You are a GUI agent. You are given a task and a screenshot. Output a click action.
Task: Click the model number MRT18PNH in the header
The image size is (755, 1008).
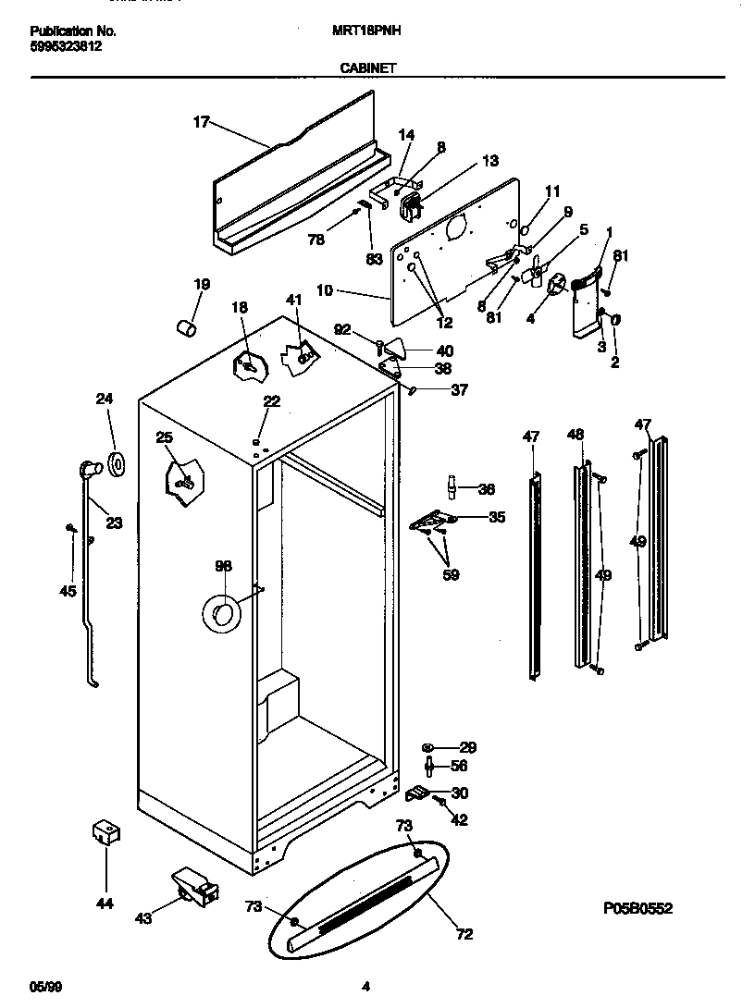coord(365,31)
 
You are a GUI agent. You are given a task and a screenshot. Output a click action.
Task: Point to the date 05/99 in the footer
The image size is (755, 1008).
coord(43,986)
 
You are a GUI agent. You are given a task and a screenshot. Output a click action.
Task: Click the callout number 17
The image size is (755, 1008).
coord(202,121)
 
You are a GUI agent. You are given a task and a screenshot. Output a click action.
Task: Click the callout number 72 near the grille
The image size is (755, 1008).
coord(464,934)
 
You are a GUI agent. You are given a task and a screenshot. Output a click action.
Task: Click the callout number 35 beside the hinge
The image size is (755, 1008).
coord(496,517)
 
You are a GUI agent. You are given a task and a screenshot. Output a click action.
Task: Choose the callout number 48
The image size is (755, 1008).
coord(576,434)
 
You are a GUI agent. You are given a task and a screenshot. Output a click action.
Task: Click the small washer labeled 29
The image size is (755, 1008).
coord(428,747)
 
